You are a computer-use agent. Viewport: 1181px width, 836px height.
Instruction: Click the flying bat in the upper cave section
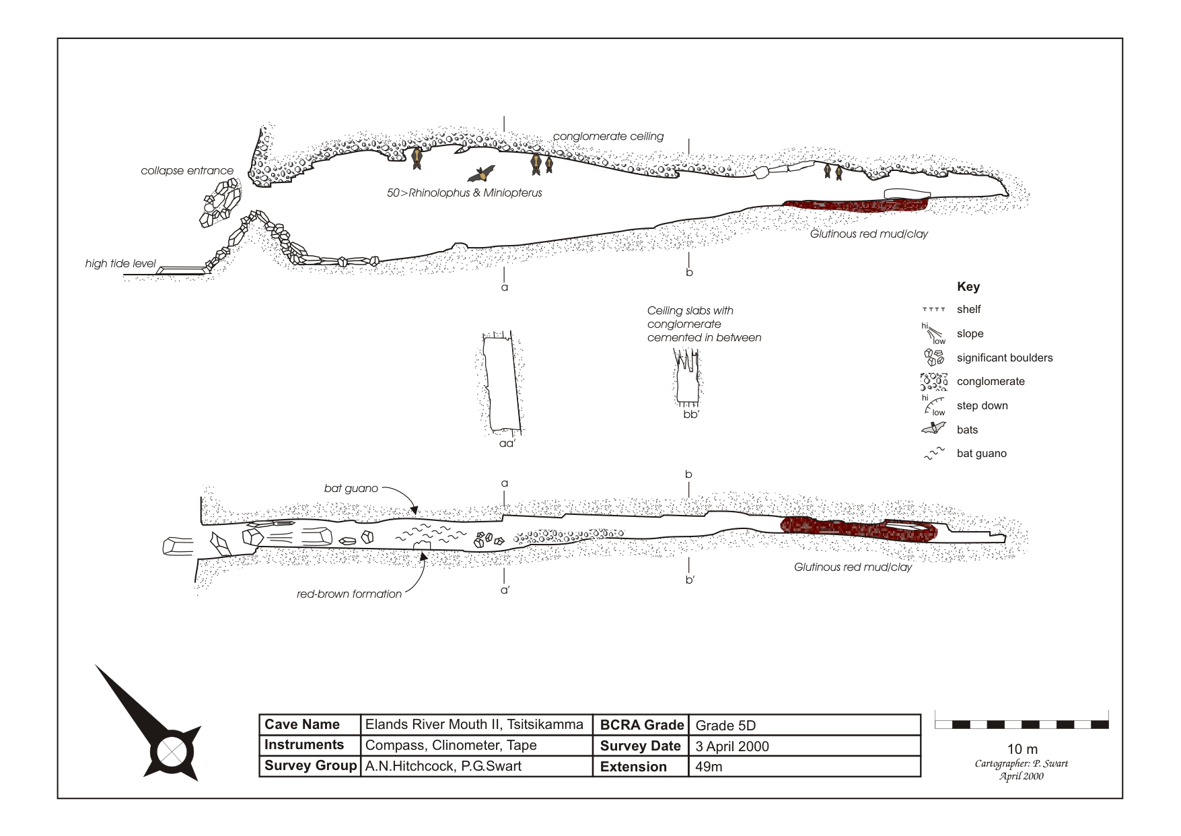(x=482, y=174)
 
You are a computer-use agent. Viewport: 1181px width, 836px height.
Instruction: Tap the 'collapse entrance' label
(x=187, y=171)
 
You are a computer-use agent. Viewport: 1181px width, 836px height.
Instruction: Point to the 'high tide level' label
(x=120, y=264)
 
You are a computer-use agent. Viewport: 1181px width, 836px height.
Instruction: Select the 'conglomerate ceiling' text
(x=608, y=137)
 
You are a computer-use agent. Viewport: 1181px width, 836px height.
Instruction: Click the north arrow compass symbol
(x=149, y=724)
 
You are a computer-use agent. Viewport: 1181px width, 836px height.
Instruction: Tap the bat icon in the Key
(x=934, y=429)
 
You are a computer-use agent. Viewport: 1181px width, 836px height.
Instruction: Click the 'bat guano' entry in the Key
(x=966, y=454)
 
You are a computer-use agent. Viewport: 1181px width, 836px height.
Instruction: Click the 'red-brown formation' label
(x=349, y=594)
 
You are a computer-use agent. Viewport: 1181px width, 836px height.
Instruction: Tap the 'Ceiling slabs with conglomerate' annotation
(x=704, y=324)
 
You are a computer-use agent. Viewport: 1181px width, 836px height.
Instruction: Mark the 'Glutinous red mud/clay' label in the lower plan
(x=853, y=567)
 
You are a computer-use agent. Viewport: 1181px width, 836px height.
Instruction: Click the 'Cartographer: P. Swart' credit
(x=1022, y=763)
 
